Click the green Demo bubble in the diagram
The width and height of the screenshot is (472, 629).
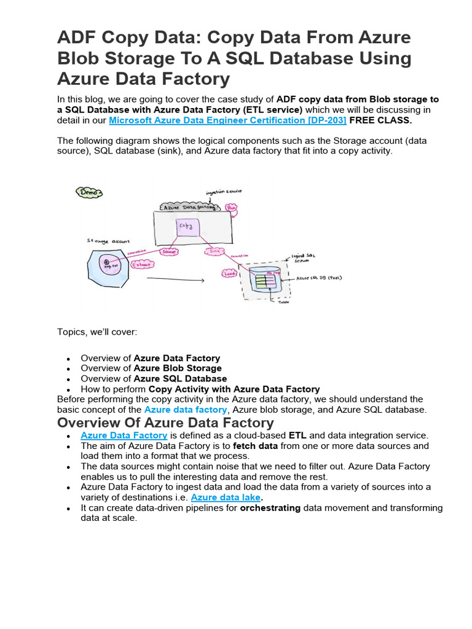90,192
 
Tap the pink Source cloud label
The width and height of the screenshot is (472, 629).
168,252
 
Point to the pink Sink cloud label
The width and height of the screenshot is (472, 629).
214,251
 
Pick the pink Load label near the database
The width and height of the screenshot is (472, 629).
229,274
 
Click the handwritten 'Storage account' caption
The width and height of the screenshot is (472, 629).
108,242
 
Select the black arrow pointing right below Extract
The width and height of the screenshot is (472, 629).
175,281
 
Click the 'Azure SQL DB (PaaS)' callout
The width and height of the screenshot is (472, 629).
319,278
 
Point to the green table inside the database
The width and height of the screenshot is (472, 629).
265,282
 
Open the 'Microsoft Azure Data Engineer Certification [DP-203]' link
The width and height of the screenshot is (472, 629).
227,120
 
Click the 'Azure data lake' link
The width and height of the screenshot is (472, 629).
226,498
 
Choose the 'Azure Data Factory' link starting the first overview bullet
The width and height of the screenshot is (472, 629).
124,435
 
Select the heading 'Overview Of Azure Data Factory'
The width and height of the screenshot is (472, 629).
165,423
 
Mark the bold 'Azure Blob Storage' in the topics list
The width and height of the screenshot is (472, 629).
178,369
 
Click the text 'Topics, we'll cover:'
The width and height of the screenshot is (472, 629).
98,332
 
